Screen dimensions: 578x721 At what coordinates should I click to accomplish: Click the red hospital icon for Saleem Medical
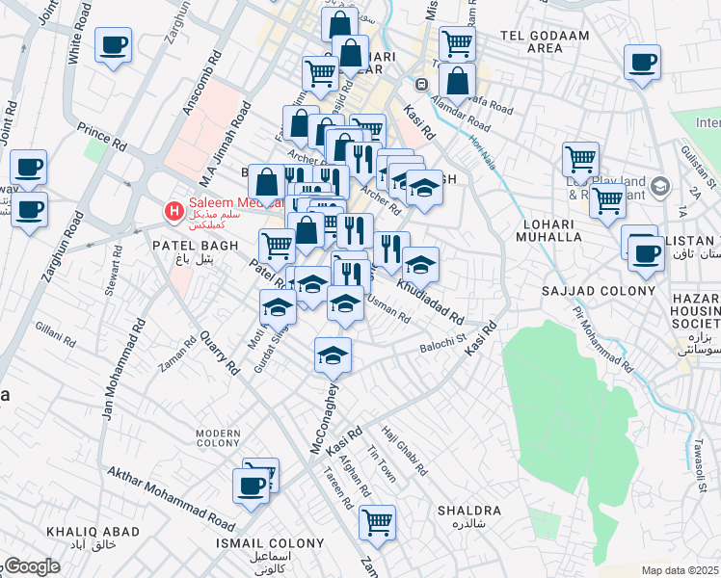[174, 210]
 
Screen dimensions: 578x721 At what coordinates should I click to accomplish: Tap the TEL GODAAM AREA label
[531, 41]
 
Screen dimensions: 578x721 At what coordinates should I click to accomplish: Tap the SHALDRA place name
[469, 511]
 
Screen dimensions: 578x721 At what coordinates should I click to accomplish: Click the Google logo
[31, 566]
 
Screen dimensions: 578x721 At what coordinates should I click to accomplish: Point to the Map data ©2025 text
[681, 570]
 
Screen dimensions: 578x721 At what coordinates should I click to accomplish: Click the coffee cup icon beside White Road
[113, 44]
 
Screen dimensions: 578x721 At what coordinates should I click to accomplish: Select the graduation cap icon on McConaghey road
[333, 355]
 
